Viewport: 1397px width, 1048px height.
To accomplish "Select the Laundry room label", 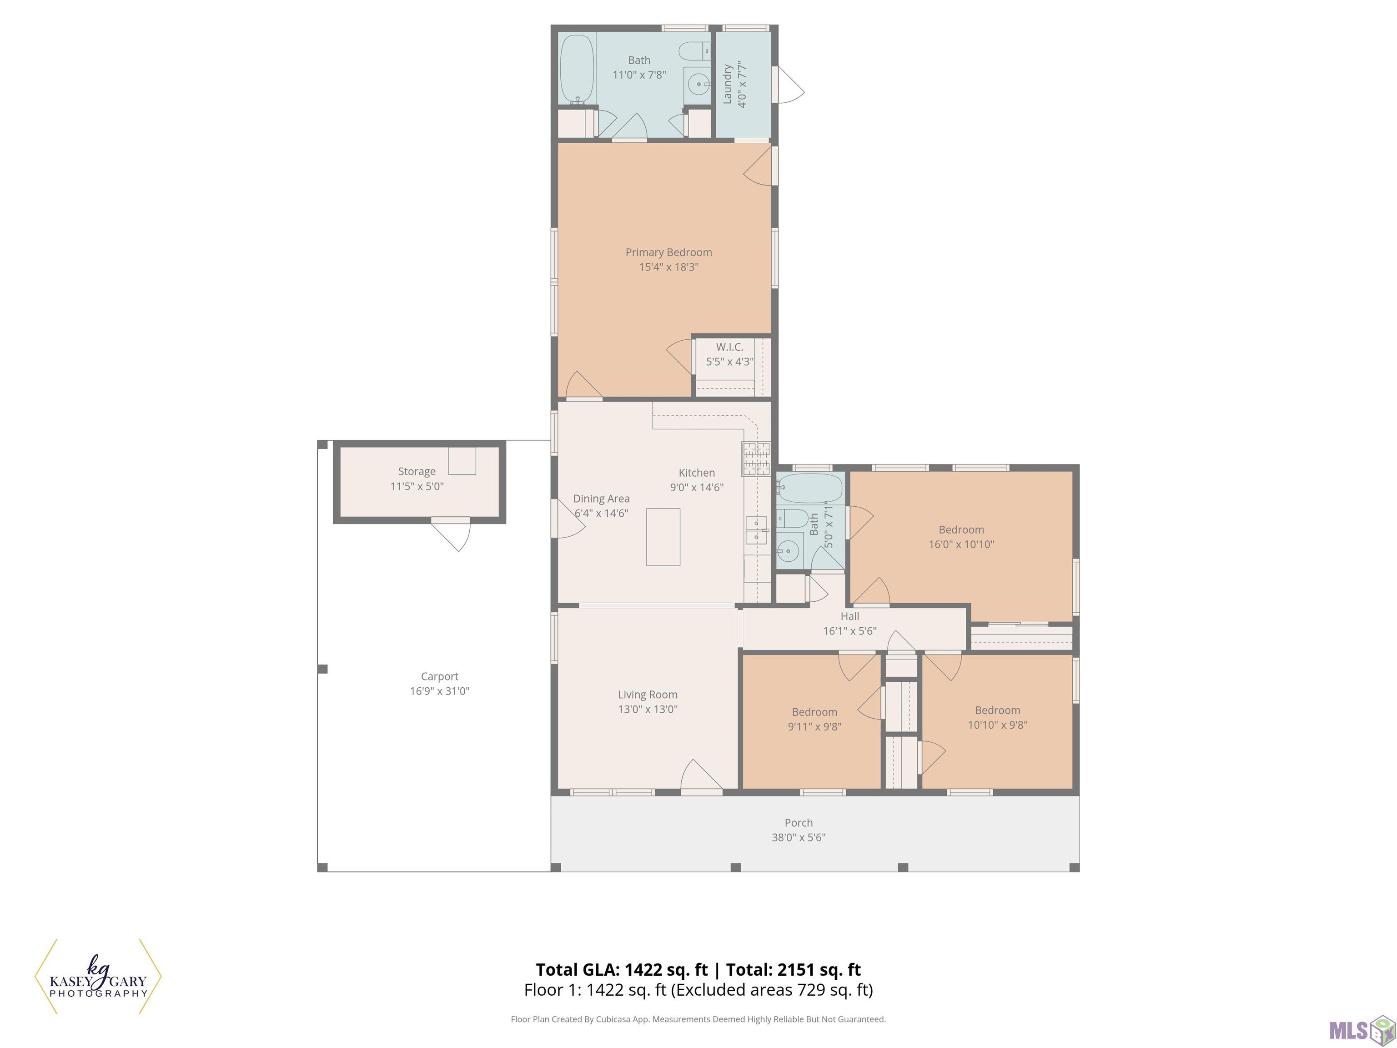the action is point(727,84).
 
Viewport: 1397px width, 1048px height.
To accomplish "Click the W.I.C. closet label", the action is point(729,347).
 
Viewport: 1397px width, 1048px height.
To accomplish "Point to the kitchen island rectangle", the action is point(663,537).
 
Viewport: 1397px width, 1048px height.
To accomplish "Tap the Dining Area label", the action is point(601,499).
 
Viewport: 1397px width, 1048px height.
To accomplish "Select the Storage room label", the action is point(417,471).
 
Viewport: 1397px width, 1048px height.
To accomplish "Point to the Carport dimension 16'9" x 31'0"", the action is point(440,690).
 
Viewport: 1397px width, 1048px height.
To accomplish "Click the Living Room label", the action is point(648,694).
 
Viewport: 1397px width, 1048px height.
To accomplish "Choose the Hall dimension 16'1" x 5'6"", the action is point(849,630).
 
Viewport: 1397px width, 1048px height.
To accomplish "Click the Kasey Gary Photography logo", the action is point(98,977).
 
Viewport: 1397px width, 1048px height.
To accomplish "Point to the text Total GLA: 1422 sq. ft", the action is point(622,970).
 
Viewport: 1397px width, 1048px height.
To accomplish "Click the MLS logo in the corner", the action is point(1362,1030).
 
